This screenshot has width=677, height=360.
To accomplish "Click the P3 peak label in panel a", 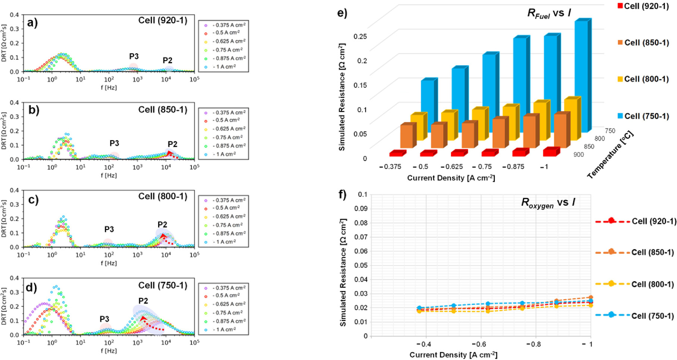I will (134, 56).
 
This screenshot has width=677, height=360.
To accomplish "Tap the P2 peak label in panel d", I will (143, 301).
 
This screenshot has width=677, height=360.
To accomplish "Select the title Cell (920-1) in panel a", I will (163, 20).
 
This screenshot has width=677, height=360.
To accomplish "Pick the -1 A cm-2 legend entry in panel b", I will (223, 154).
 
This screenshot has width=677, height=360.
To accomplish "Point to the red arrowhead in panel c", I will (163, 237).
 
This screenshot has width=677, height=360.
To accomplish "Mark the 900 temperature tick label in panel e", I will (579, 154).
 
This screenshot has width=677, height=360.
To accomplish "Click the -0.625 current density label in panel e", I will (452, 167).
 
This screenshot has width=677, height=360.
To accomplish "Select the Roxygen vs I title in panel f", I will (548, 203).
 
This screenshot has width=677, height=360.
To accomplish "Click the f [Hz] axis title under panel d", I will (109, 351).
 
